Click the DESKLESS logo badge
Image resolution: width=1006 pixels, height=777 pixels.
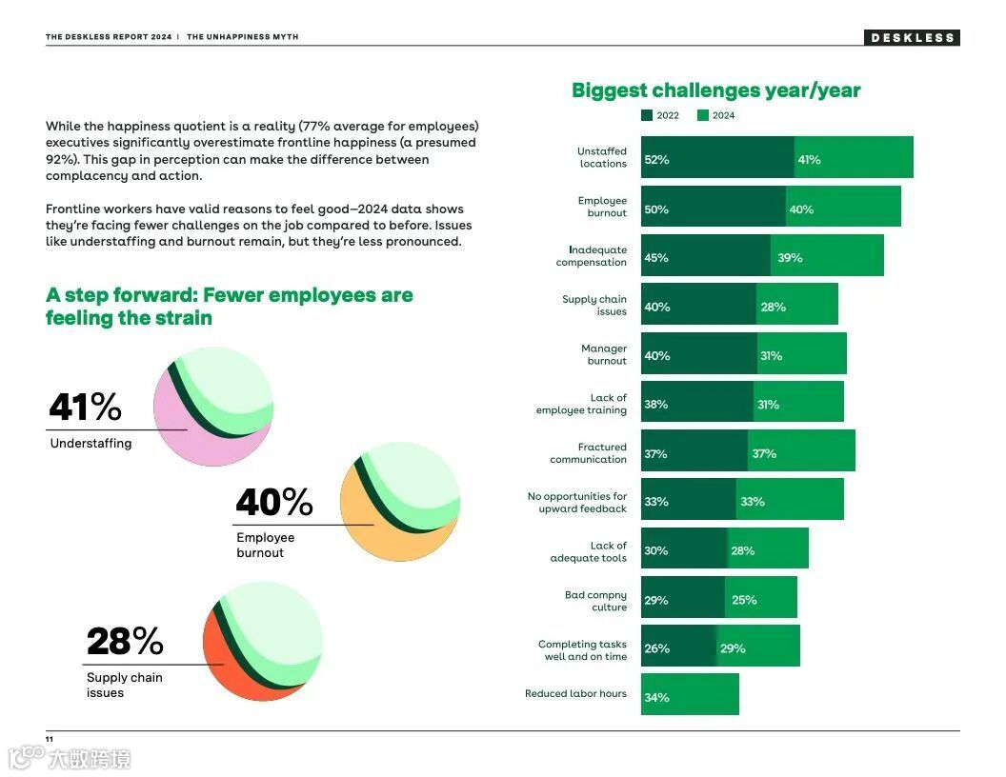[x=912, y=38]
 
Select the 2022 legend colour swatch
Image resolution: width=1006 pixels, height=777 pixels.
[x=647, y=115]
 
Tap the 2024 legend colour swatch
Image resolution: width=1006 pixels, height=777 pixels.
[x=703, y=115]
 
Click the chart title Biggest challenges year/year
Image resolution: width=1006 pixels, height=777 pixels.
[x=715, y=90]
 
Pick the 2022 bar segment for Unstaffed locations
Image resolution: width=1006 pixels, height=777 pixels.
[x=717, y=158]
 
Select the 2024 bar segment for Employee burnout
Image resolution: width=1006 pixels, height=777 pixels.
[x=843, y=208]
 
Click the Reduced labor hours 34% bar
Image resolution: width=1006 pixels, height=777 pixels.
[x=690, y=695]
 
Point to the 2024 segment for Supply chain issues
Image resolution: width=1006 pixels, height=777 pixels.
[x=797, y=306]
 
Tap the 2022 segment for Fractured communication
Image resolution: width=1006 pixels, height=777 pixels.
[x=694, y=452]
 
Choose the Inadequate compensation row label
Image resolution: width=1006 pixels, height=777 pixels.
[x=592, y=256]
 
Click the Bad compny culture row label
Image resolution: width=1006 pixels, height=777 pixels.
[x=595, y=601]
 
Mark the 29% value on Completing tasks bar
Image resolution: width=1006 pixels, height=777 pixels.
[x=733, y=648]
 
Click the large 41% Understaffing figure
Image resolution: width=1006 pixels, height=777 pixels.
[x=85, y=408]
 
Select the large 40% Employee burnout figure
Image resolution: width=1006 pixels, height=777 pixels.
[x=273, y=502]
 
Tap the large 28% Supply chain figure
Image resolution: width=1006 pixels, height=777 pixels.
[x=125, y=641]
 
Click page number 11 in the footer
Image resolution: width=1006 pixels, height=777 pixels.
[x=49, y=739]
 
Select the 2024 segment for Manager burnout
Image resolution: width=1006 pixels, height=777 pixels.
[x=801, y=354]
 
